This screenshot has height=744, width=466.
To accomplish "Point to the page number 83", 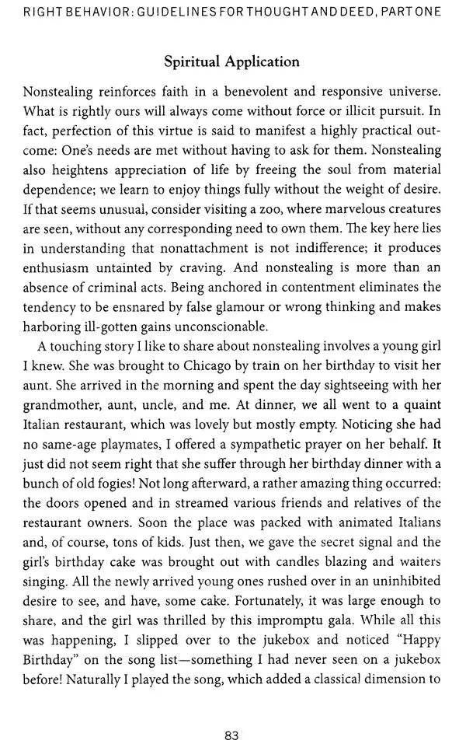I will [x=231, y=714].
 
